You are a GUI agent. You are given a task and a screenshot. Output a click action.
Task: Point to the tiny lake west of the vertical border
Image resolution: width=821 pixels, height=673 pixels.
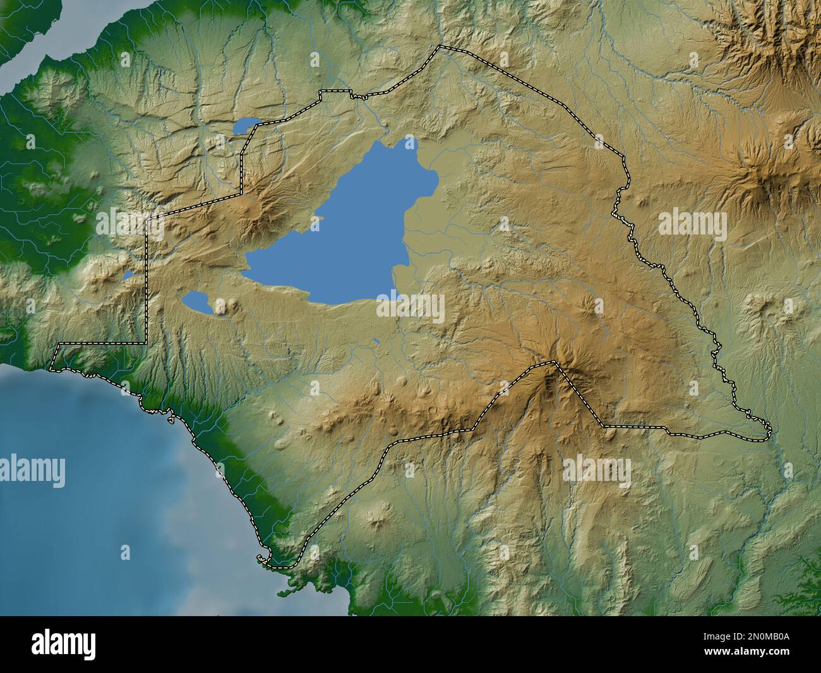click(x=128, y=276)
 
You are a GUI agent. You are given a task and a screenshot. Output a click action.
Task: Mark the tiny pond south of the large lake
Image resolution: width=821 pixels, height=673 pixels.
click(x=377, y=342)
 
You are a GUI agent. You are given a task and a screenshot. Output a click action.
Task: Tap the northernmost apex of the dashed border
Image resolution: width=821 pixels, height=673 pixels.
click(x=440, y=46)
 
